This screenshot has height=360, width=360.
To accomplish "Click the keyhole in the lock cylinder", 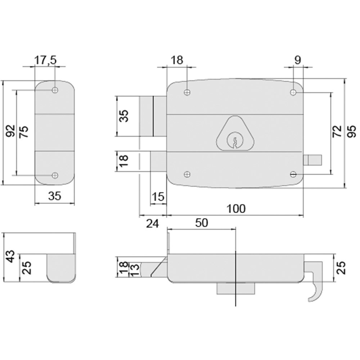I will (234, 141).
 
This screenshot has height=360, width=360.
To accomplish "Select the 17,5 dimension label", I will (45, 60).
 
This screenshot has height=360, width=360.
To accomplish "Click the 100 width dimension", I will (236, 208).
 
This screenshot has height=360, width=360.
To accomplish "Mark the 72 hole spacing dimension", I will (337, 132).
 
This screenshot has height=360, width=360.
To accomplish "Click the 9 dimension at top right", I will (297, 60).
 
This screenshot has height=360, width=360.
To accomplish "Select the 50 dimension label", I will (202, 223).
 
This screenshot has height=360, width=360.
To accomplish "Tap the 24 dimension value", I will (152, 224).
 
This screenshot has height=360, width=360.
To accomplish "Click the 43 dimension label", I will (11, 257).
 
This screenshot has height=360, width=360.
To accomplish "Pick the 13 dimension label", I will (134, 269).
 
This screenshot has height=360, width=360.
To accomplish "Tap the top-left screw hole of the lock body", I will (186, 93).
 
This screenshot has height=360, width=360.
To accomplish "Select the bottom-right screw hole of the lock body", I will (293, 175).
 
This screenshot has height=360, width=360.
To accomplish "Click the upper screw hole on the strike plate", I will (55, 90).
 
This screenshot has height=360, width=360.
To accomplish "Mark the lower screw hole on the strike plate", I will (55, 175).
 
